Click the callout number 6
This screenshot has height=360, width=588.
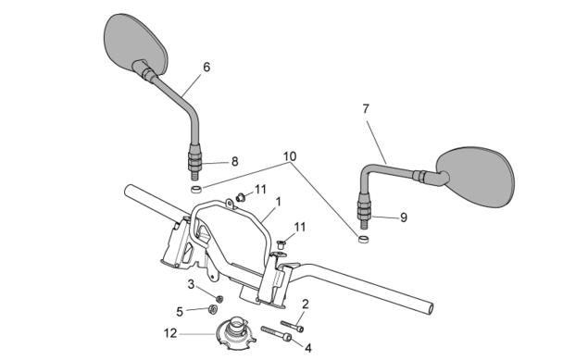pos(206,67)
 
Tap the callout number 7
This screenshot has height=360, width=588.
pos(366,109)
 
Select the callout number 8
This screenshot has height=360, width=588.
pos(235,161)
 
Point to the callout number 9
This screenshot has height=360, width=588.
pos(404,217)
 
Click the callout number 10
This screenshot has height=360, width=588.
pos(290,156)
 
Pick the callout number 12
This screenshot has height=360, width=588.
pos(170,333)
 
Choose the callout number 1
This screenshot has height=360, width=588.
pos(278,202)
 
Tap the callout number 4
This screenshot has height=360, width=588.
pos(307,348)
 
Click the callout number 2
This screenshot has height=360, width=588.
pos(306,304)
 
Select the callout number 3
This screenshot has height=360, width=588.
pos(191,284)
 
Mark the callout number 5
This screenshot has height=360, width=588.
pos(180,312)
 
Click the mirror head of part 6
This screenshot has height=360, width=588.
pos(135,44)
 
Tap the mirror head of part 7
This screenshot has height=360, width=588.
pos(476,177)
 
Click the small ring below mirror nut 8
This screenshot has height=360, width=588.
pos(196,189)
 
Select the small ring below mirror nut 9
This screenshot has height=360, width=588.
pos(363,239)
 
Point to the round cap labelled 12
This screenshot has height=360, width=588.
pos(235,332)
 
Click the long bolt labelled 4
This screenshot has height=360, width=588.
pos(276,333)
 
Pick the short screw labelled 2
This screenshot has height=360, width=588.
pos(292,326)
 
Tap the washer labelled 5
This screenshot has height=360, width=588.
pos(213,309)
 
